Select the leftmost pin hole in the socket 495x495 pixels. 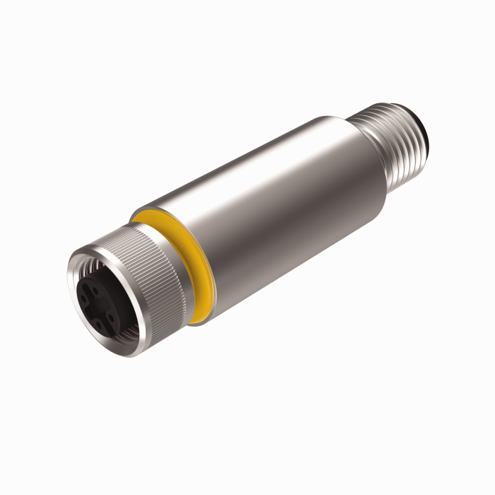83,298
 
